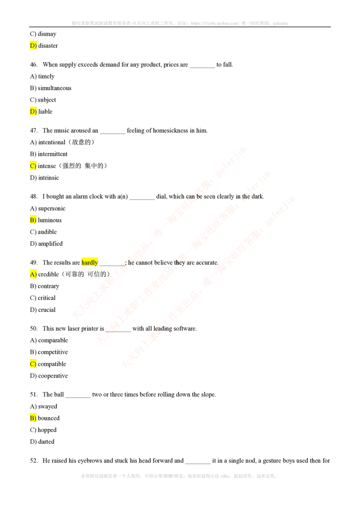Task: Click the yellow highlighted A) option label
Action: coord(33,274)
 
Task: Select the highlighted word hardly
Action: coord(89,262)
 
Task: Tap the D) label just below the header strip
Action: coord(33,45)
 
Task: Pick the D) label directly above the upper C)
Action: coord(33,112)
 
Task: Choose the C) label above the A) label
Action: coord(33,166)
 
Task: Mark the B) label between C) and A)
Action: coord(33,220)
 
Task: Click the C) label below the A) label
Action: coord(33,364)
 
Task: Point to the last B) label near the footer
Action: coord(33,418)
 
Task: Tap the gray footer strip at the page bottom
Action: coord(178,475)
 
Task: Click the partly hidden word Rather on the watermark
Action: coord(194,196)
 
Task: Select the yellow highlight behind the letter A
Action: coord(32,274)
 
